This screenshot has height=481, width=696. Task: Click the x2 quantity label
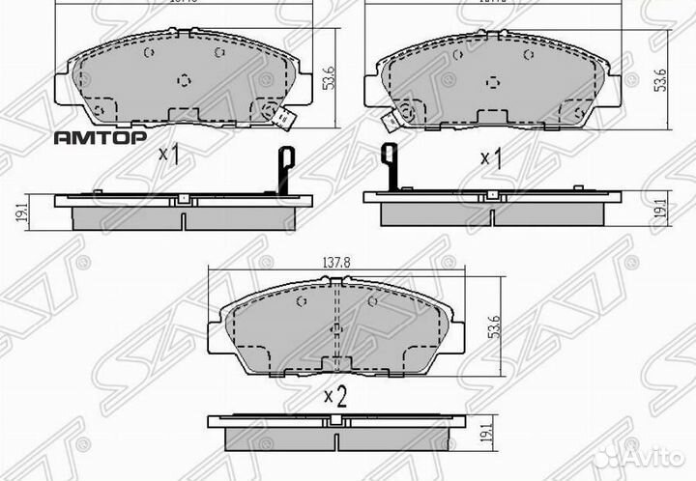click(334, 395)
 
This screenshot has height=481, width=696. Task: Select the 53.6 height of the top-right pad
click(659, 80)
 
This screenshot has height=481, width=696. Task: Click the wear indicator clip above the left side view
click(285, 169)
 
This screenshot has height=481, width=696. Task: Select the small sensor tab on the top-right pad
click(392, 122)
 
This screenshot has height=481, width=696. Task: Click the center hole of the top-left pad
click(184, 80)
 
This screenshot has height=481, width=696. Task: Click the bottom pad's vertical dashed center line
click(334, 328)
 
